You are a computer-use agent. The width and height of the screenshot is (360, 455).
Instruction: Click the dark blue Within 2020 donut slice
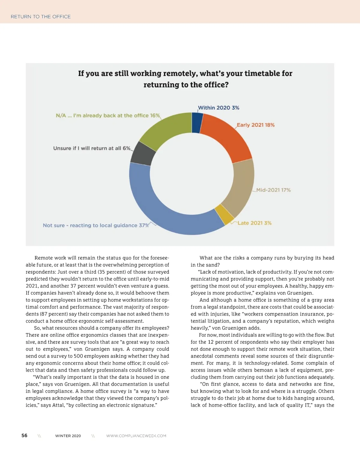197,123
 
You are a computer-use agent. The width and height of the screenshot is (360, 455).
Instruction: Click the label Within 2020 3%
218,108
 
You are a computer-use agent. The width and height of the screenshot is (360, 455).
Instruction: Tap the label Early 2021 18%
256,125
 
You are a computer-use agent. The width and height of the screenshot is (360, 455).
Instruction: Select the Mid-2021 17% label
273,190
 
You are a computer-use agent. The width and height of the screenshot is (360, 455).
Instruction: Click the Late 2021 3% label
254,223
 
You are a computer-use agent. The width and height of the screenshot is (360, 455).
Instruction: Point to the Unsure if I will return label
91,148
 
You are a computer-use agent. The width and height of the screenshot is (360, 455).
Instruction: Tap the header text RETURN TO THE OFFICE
41,17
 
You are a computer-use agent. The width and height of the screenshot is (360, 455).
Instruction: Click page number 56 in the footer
24,436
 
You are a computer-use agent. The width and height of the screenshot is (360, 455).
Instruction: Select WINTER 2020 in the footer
68,436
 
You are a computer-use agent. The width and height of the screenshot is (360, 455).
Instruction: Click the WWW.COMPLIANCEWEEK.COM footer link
136,436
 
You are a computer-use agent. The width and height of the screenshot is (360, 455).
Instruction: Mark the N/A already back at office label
108,116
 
